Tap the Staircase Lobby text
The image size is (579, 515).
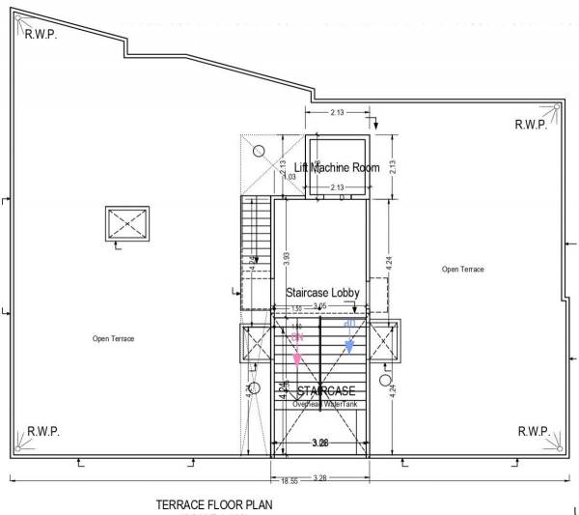coord(322,291)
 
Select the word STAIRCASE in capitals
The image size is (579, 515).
coord(327,390)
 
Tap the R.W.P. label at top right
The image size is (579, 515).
coord(531,124)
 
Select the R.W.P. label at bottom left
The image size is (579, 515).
coord(44,430)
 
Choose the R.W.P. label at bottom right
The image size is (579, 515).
coord(534,430)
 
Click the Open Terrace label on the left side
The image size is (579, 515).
coord(113,338)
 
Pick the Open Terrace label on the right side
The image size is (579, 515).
coord(463,269)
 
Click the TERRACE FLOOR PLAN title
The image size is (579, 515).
coord(214,505)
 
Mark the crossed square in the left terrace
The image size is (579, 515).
coord(128,224)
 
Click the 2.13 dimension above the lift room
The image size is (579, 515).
coord(337,113)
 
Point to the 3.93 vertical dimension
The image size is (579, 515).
coord(287,259)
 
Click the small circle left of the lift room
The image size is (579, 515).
coord(259,150)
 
